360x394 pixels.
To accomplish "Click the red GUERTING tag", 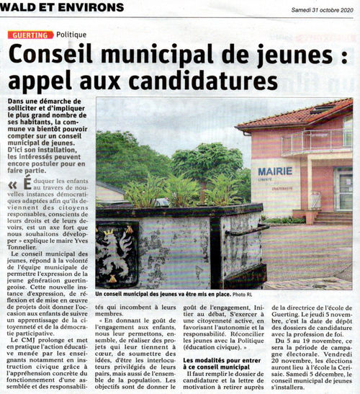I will click(x=31, y=35).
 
